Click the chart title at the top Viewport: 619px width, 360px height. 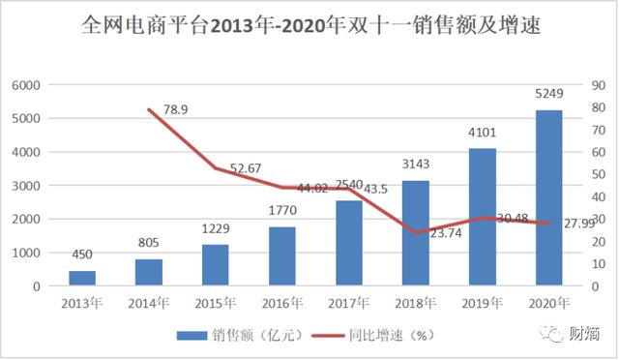(x=309, y=27)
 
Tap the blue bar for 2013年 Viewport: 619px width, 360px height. (x=82, y=279)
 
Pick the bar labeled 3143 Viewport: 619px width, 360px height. (x=416, y=233)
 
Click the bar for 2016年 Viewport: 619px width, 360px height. (x=282, y=256)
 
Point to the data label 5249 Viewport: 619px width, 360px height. (x=548, y=95)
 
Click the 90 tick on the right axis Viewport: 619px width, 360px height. (x=601, y=85)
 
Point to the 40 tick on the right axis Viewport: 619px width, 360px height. (x=601, y=197)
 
